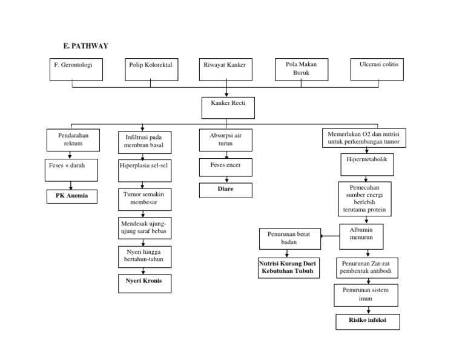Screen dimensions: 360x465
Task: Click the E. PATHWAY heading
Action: click(86, 45)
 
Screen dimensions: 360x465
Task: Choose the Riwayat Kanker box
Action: click(225, 69)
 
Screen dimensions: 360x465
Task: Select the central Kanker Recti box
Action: click(226, 108)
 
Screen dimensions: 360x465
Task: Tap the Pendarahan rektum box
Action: click(73, 140)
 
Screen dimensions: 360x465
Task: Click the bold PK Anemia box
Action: click(72, 196)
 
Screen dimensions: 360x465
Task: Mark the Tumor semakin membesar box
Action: click(144, 199)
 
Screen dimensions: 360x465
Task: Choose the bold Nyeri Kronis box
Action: click(144, 283)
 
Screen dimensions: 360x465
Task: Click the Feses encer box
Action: click(226, 167)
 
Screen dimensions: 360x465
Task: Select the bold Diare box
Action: click(226, 190)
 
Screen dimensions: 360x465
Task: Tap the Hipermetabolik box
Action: click(366, 162)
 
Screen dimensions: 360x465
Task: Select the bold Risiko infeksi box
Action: click(368, 321)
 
